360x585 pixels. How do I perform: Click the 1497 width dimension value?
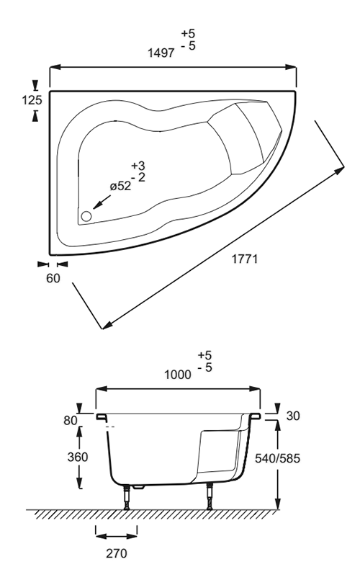click(161, 53)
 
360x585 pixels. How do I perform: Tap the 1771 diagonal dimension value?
click(245, 259)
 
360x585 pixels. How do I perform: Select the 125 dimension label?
click(32, 100)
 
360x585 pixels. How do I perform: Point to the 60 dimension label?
click(53, 278)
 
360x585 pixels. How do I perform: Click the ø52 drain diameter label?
click(121, 186)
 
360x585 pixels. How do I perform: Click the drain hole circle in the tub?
click(86, 216)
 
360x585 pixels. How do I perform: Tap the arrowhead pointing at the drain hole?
click(96, 205)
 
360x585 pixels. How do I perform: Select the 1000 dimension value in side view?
click(177, 375)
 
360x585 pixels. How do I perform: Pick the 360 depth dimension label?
click(78, 457)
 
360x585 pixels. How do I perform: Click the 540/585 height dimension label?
click(277, 458)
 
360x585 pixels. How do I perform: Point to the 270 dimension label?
click(116, 553)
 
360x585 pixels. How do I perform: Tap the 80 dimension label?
click(71, 421)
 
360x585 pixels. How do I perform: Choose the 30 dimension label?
click(293, 416)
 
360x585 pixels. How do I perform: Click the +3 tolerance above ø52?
click(138, 166)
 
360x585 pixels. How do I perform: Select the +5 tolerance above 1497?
click(188, 34)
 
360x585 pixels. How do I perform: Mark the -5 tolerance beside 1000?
click(204, 367)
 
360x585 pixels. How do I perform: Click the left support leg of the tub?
click(127, 497)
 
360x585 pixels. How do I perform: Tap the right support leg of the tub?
click(210, 496)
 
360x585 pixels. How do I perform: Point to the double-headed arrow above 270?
click(116, 537)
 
